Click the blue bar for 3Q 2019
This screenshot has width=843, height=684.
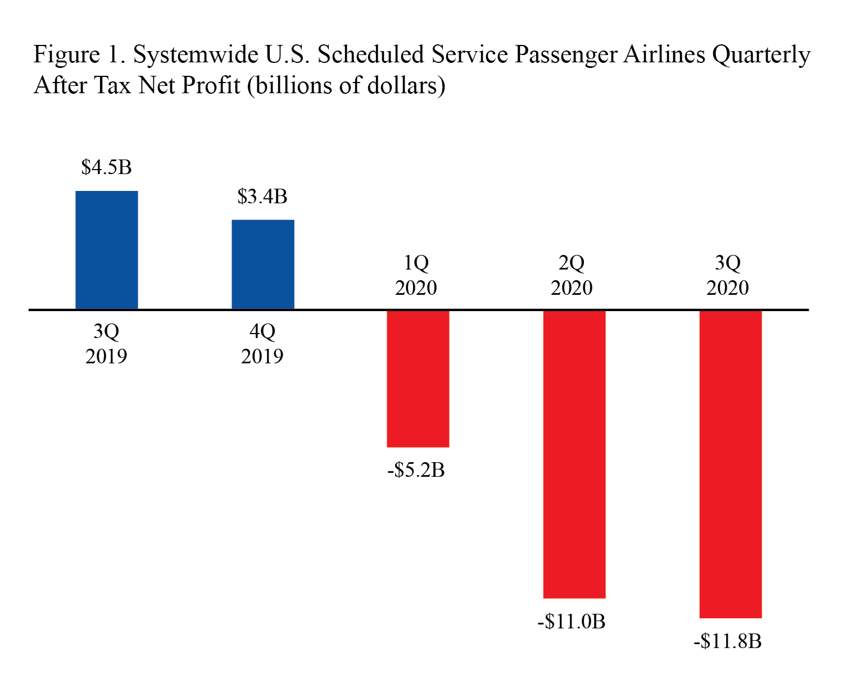(x=107, y=250)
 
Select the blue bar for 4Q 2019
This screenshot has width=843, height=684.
(x=263, y=264)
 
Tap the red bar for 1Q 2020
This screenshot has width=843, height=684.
(x=418, y=379)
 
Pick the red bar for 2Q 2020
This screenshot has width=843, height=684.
(x=574, y=454)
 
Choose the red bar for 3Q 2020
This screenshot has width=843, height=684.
(x=730, y=464)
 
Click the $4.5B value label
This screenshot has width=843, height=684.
(x=106, y=167)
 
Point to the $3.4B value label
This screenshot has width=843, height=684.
(x=262, y=197)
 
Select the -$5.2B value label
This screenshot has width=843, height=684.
(x=416, y=470)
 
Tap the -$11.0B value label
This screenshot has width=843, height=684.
(x=571, y=622)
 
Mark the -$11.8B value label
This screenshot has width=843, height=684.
(x=727, y=641)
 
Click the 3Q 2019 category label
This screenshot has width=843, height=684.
(x=106, y=344)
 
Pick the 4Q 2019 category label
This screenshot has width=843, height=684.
(x=262, y=344)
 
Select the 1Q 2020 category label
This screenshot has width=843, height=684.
(x=416, y=275)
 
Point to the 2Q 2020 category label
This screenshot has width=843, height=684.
(x=572, y=275)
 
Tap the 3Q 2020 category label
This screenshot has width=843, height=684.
(x=728, y=275)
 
